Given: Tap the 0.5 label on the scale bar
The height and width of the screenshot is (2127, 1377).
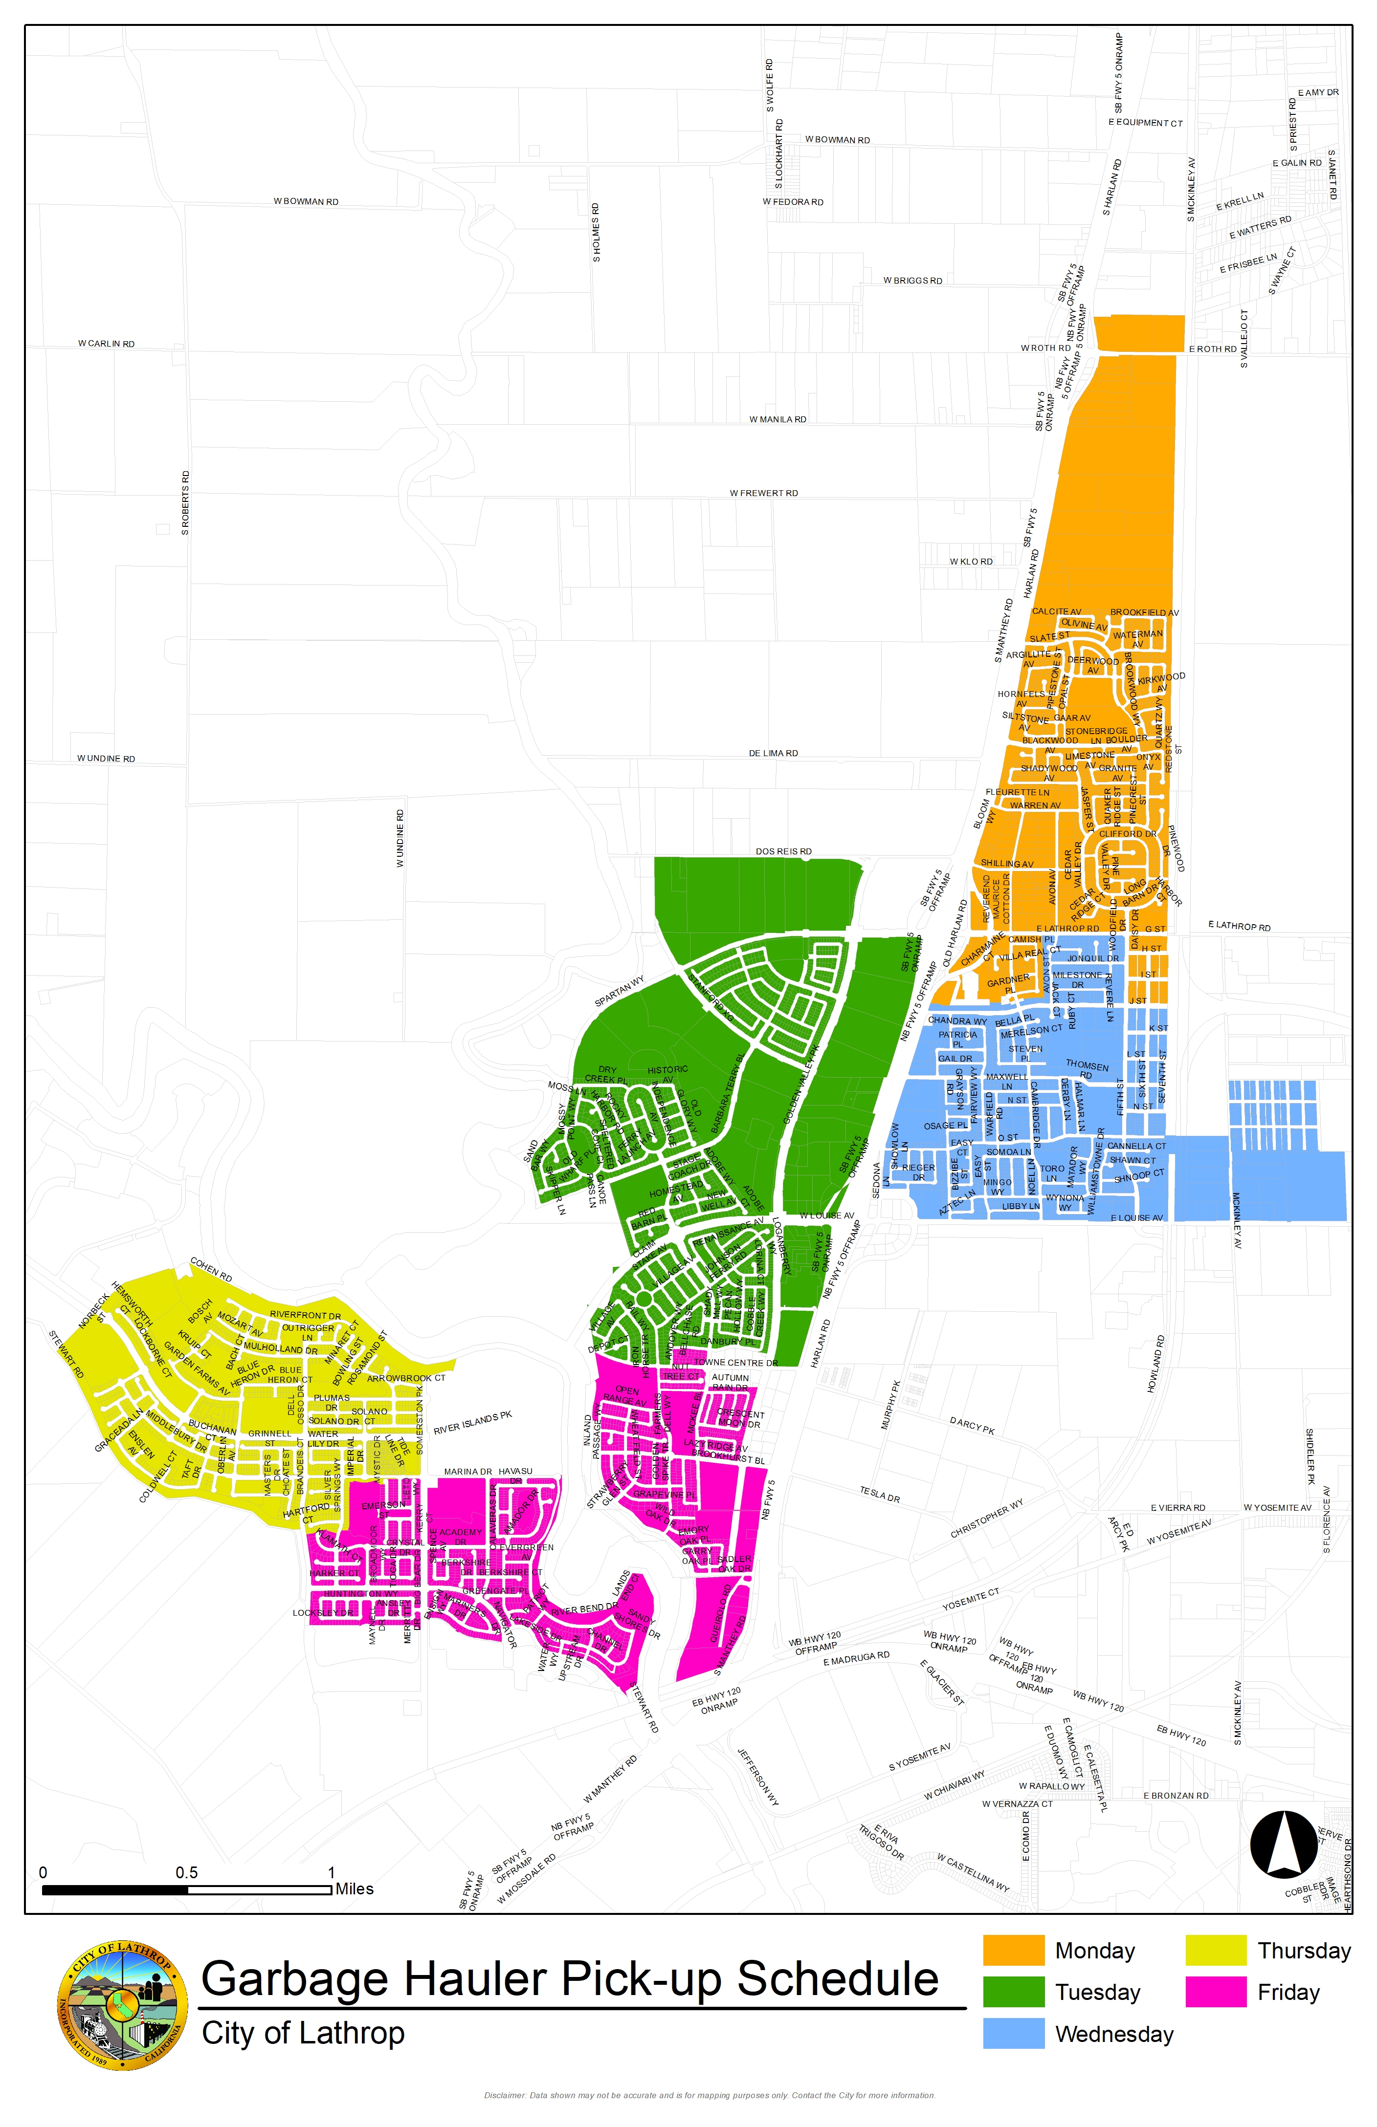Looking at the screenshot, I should pos(187,1872).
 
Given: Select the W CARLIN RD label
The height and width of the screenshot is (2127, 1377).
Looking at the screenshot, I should pos(107,343).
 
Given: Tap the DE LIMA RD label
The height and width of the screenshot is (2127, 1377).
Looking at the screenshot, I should pos(774,753).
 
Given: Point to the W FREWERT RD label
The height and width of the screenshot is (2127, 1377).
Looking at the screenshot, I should pos(764,493).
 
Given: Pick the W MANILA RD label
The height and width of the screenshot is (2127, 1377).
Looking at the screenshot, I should pos(778,419).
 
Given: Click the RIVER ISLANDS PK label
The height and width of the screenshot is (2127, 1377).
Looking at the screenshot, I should pos(473,1423).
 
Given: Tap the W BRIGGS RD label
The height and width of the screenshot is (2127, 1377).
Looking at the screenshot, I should pos(913,281).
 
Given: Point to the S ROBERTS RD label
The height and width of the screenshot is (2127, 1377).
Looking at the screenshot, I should pos(185,503).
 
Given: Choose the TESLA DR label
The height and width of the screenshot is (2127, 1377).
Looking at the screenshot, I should pos(880,1494).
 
